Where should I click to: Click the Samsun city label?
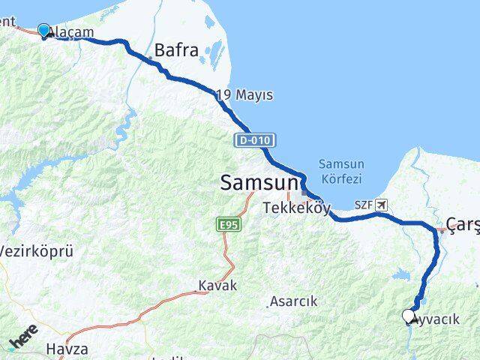pos(259,182)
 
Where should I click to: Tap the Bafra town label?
pos(177,52)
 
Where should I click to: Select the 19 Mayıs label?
pos(244,95)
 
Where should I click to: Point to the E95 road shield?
pos(227,224)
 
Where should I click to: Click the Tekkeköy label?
pos(297,208)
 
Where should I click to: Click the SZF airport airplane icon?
pos(383,204)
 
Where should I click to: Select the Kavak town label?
pos(217,286)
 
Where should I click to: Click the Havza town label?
pos(67,349)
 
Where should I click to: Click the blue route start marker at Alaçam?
pos(44,31)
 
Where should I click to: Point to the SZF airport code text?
pos(364,204)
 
